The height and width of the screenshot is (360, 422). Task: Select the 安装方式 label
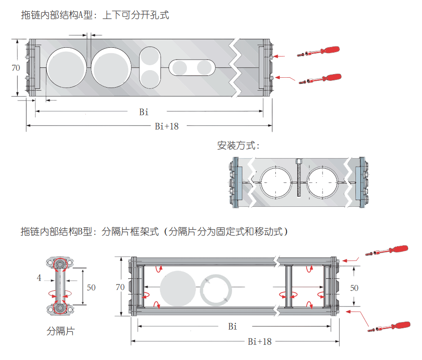238,145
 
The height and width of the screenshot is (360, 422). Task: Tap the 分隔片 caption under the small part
61,331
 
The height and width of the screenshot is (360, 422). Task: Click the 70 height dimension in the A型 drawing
16,68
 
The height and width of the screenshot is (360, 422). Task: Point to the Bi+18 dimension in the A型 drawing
167,126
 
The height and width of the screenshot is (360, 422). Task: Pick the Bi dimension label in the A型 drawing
143,112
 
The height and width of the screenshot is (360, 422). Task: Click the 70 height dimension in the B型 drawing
120,287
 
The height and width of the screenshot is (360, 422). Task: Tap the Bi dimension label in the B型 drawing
232,327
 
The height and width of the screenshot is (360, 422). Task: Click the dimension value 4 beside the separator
39,278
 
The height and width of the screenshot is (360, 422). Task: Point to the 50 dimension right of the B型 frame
354,288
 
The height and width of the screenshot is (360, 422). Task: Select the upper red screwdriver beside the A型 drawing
324,50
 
